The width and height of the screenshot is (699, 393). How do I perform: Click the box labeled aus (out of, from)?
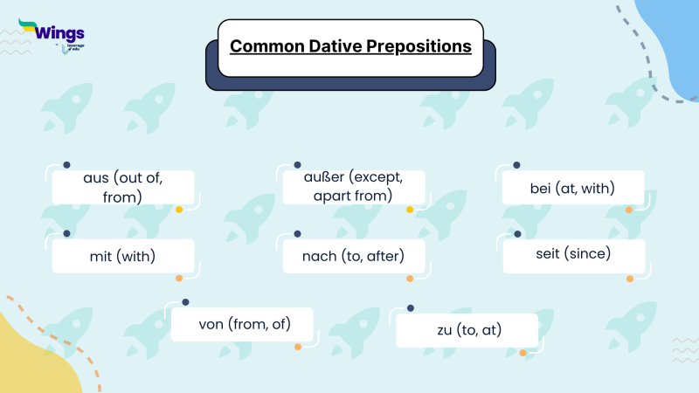(x=122, y=187)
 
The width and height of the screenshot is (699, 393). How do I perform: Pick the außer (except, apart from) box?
(x=353, y=187)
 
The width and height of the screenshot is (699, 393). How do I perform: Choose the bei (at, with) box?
(x=573, y=188)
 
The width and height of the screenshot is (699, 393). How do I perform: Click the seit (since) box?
(x=573, y=255)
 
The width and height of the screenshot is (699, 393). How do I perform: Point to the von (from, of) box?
(x=244, y=324)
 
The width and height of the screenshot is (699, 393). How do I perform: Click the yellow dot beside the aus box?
(x=179, y=210)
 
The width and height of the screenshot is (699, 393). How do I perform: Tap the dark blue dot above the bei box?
(x=516, y=165)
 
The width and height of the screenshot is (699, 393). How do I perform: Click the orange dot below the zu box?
(x=523, y=353)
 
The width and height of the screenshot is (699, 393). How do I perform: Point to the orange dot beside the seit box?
(x=629, y=279)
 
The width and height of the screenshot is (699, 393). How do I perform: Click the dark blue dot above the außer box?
(x=297, y=165)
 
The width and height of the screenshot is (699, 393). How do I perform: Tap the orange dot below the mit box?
(x=179, y=279)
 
